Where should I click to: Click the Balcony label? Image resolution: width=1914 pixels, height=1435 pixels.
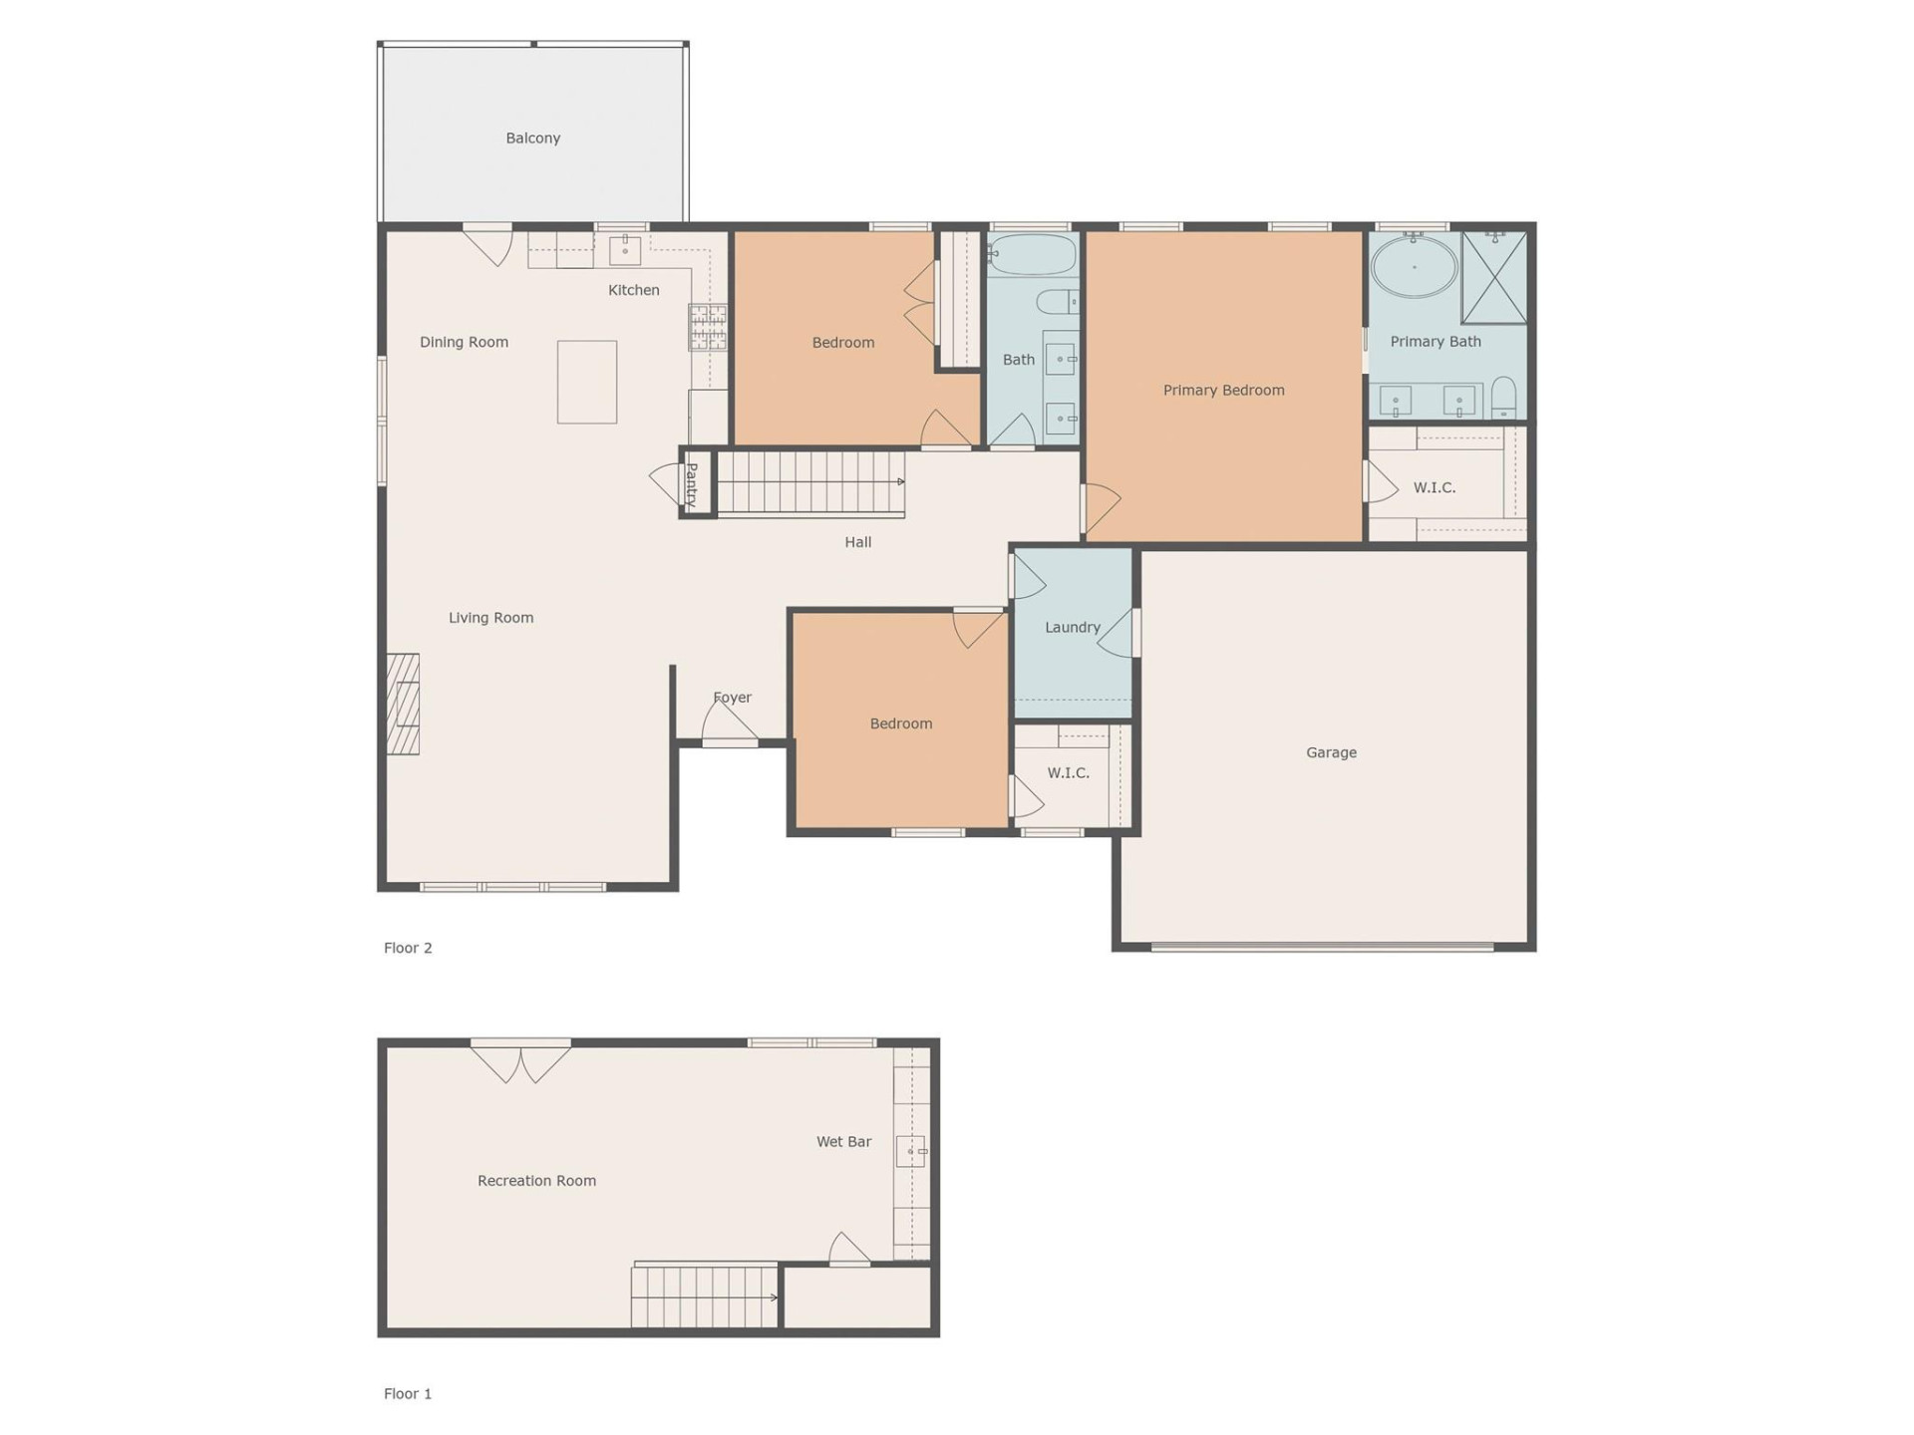[532, 138]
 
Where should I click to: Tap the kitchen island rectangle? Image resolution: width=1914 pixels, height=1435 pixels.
[586, 382]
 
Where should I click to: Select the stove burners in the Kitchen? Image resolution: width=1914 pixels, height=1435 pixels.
[708, 328]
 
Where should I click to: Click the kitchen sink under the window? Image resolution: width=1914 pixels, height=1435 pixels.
[624, 249]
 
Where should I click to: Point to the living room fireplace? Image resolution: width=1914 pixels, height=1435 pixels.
[403, 704]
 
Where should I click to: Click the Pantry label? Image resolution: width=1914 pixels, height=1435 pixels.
[692, 485]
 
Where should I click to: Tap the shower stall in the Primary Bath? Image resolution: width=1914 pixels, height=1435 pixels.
[1493, 278]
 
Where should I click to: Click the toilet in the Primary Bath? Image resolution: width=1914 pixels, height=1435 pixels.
[1503, 398]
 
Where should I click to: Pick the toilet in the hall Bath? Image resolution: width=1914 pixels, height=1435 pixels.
[1057, 300]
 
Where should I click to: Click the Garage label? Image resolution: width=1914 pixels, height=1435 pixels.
[1331, 752]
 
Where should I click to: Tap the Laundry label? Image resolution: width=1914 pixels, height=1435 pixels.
[1072, 627]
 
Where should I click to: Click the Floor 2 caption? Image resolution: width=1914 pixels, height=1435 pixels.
[408, 948]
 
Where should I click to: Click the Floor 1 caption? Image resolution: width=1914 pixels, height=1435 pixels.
[408, 1393]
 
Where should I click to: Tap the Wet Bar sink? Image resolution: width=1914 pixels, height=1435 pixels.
[910, 1151]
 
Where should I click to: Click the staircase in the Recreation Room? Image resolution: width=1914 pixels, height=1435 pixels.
[704, 1295]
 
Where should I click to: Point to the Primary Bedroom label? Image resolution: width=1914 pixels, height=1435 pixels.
[1223, 390]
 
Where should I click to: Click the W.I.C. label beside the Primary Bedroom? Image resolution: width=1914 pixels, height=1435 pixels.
[1434, 487]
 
